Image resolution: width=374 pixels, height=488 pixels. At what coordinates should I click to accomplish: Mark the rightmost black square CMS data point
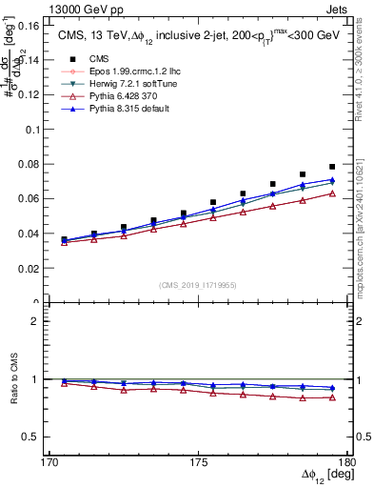point(332,167)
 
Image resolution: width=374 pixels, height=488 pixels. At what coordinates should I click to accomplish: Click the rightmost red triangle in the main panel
point(332,193)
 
